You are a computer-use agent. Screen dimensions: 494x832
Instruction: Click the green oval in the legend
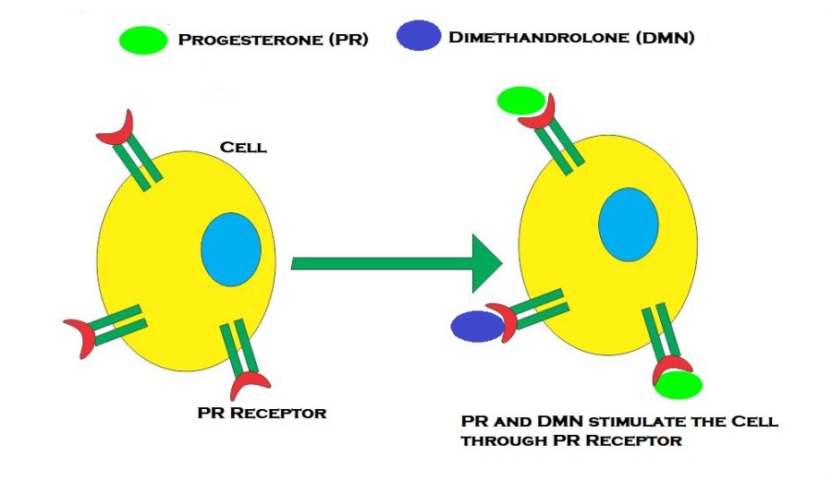[143, 40]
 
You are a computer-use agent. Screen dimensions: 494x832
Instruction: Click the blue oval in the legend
[419, 36]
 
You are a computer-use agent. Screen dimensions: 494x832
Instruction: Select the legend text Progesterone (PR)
[274, 41]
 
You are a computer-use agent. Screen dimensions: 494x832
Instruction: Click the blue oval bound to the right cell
[477, 325]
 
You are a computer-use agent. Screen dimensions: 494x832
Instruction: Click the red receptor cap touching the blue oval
[503, 320]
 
